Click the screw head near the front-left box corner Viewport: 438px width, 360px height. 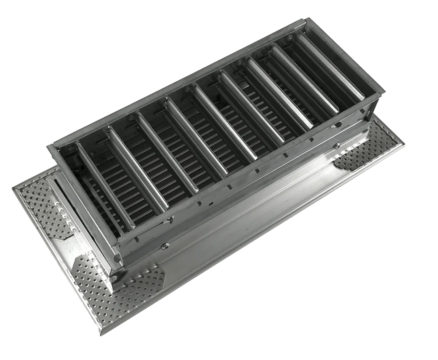pos(165,245)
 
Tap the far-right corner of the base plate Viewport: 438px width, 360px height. pos(406,143)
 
